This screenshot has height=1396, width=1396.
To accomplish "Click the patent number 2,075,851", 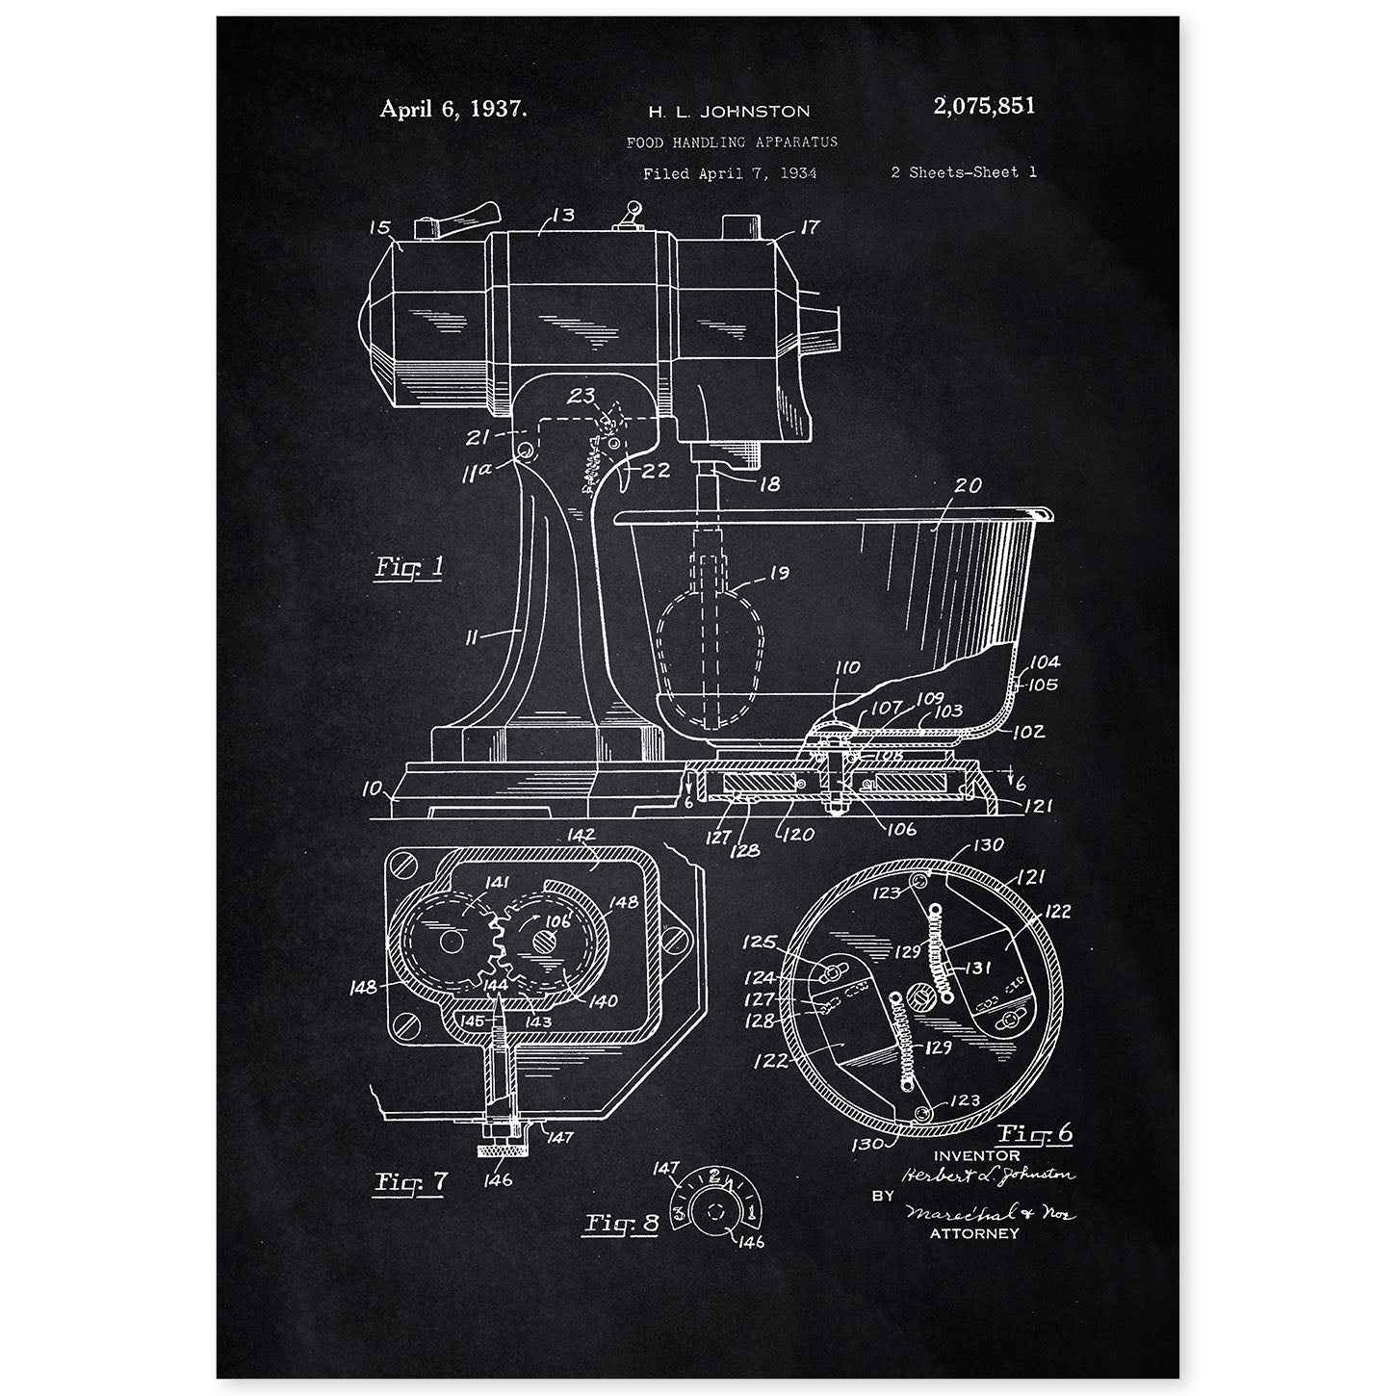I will coord(983,107).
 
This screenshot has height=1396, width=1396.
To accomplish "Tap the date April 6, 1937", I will coord(452,109).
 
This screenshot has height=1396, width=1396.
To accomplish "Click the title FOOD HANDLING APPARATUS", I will coord(732,142).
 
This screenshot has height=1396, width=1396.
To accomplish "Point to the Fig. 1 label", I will coord(408,567).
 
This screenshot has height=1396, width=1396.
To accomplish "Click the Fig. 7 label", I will coord(411,1181).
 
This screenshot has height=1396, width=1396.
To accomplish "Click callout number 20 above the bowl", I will coord(968,486).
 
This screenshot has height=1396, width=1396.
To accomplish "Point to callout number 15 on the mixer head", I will coord(380,228).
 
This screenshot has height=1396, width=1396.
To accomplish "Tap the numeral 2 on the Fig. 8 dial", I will coord(714,1175).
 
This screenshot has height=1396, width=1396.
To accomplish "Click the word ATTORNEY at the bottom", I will coord(973,1232).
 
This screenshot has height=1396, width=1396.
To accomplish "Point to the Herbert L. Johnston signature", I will coord(988,1175).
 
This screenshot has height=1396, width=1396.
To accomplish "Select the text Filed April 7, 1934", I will coord(730,173).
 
